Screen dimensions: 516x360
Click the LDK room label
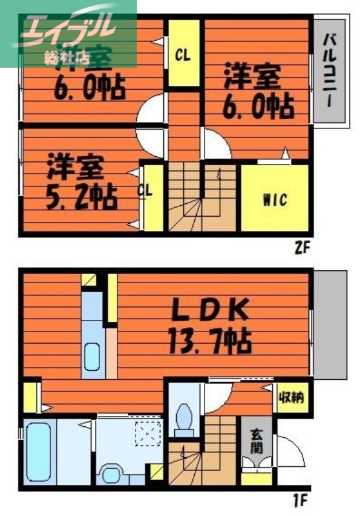point(210,312)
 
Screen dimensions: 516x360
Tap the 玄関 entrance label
point(256,440)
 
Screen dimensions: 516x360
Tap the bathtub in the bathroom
point(40,450)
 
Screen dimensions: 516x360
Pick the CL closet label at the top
point(183,55)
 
